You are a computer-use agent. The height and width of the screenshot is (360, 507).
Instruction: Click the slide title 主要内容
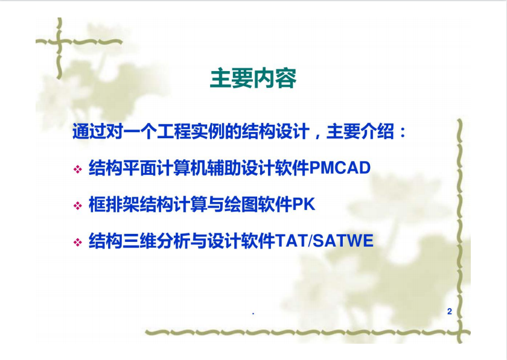tap(253, 78)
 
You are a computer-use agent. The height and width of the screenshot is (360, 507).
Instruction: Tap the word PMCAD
tap(340, 168)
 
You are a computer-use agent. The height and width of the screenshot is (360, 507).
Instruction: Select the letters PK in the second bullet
tap(304, 204)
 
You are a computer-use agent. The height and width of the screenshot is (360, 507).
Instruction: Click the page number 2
tap(450, 311)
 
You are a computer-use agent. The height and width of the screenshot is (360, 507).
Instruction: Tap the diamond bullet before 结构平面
tap(78, 169)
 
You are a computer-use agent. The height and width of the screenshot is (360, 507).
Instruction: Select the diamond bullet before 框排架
tap(78, 206)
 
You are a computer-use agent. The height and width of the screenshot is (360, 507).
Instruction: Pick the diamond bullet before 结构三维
tap(78, 242)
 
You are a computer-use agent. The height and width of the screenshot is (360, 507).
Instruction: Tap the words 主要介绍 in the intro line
tap(360, 131)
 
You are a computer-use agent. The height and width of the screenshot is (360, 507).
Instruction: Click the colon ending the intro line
tap(403, 133)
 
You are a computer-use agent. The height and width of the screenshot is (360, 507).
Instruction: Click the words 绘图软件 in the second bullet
tap(258, 204)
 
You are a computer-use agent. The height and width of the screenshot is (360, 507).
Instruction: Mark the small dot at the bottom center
tap(253, 313)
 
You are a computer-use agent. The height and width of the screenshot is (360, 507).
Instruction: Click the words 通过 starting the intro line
tap(89, 131)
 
